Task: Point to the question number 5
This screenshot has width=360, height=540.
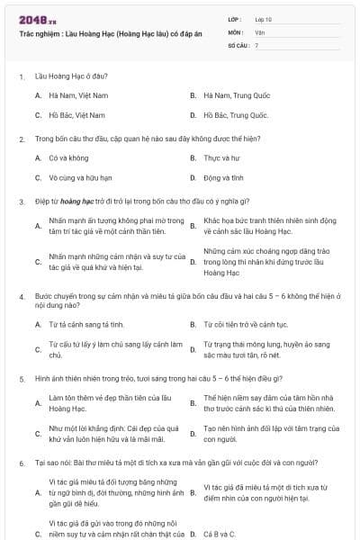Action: click(21, 378)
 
